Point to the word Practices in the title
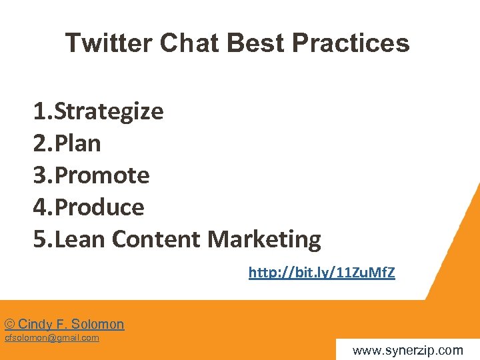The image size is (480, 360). pyautogui.click(x=351, y=43)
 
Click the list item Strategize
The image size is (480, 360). pyautogui.click(x=109, y=111)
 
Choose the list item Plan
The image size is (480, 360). pyautogui.click(x=78, y=143)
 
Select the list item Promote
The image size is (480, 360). pyautogui.click(x=102, y=175)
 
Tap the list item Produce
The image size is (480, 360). pyautogui.click(x=99, y=207)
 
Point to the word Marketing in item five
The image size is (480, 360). pyautogui.click(x=265, y=239)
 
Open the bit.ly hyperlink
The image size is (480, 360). pyautogui.click(x=321, y=273)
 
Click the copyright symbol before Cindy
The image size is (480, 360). pyautogui.click(x=10, y=325)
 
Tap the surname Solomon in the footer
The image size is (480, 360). pyautogui.click(x=98, y=325)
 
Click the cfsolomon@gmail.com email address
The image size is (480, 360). pyautogui.click(x=52, y=338)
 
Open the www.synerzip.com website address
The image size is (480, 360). pyautogui.click(x=407, y=350)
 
